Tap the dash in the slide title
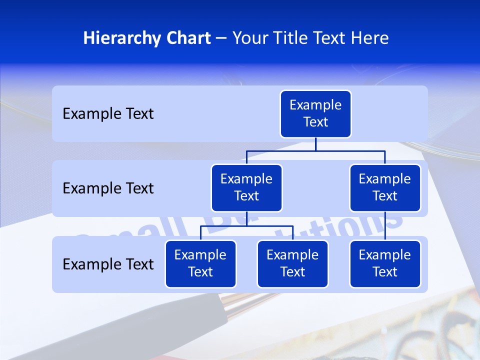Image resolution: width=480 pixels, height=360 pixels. point(221,38)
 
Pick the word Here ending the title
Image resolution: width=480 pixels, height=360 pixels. point(369,38)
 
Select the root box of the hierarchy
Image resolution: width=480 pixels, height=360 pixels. point(315,114)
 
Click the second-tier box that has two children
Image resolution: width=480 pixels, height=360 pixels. point(246,188)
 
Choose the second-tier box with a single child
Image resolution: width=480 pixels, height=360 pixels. point(385,188)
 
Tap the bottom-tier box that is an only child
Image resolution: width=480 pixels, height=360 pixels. point(385,264)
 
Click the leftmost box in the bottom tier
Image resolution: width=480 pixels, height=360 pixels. point(200,264)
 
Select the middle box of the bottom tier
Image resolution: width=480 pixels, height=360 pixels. point(292,264)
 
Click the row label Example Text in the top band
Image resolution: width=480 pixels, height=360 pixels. point(108,114)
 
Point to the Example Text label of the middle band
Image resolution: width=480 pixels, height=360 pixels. point(108,188)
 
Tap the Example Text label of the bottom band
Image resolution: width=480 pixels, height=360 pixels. point(108,264)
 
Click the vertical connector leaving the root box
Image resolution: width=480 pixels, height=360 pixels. point(315,144)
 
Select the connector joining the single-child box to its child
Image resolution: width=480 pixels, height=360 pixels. point(385,226)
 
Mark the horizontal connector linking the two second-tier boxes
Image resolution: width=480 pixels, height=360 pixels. point(315,150)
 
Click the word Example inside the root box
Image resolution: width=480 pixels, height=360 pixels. point(315,105)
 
